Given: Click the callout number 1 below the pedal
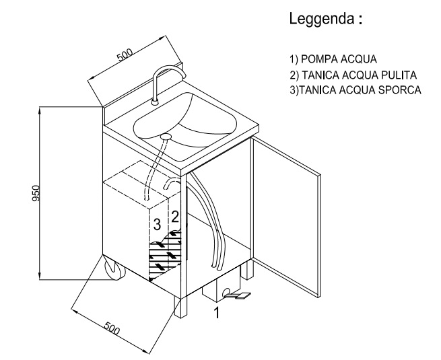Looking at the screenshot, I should (x=216, y=313).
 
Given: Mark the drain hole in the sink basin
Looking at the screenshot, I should (x=166, y=137).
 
